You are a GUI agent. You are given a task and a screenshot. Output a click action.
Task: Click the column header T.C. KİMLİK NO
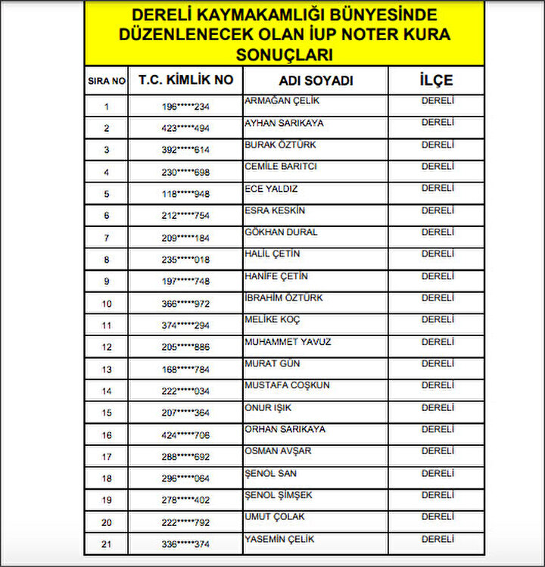click(x=186, y=80)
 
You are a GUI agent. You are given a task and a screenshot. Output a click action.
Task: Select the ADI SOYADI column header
click(x=315, y=80)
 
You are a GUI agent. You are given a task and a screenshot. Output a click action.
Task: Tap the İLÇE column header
click(x=436, y=80)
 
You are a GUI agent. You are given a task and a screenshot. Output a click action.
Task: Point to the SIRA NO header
click(x=107, y=81)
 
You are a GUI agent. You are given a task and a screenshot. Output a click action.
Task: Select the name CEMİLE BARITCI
click(x=280, y=167)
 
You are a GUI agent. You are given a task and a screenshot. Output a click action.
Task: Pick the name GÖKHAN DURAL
click(x=281, y=232)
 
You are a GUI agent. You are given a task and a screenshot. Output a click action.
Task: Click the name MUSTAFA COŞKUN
click(x=287, y=385)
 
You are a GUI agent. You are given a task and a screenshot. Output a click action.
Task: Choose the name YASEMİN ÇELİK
click(x=279, y=540)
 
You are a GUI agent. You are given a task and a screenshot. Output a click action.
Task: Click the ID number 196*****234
click(x=186, y=107)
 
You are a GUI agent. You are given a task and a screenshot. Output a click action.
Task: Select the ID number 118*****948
click(x=186, y=195)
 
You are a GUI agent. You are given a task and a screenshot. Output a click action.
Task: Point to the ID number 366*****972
click(x=186, y=304)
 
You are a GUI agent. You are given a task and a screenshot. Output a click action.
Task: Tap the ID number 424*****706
click(x=186, y=435)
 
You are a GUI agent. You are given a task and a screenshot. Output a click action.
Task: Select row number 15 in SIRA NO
click(x=107, y=413)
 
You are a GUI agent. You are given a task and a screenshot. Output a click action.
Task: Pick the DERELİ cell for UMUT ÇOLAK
click(x=438, y=517)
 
